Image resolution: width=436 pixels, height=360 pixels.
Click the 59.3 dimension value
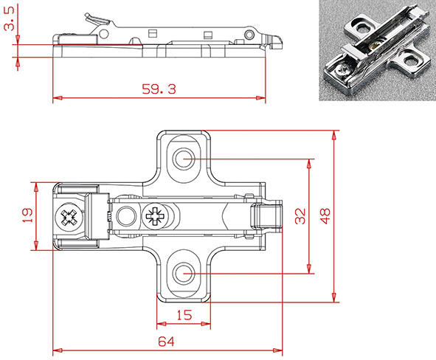coord(158,89)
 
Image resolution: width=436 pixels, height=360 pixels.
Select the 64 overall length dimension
coord(167,341)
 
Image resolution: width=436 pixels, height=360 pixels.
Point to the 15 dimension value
coord(184,315)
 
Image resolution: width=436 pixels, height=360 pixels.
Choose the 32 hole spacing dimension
coord(300,215)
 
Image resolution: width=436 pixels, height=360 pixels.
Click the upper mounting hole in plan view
coord(184,159)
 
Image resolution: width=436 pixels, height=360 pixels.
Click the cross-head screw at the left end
coord(69,218)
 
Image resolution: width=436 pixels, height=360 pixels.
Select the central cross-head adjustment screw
coord(156,217)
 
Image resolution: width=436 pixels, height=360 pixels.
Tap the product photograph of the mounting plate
coord(377,49)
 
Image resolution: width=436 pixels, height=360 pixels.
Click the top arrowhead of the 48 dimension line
coord(334,135)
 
